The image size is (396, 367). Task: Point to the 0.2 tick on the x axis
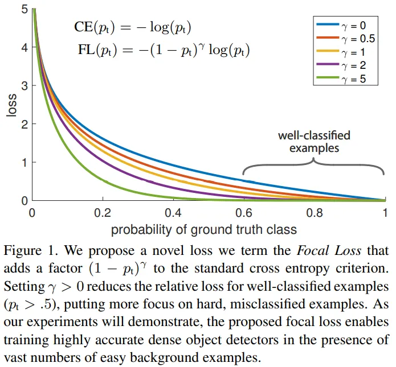click(103, 212)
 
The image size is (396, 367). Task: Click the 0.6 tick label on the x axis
click(244, 212)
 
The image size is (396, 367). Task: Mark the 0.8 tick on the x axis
click(315, 212)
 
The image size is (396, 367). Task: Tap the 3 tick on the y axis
click(25, 86)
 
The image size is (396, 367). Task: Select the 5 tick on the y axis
click(25, 9)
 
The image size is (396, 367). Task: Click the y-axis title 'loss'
click(11, 105)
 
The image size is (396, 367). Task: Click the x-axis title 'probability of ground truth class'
click(203, 229)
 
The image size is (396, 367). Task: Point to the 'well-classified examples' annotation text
click(314, 142)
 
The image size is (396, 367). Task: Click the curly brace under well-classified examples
click(314, 164)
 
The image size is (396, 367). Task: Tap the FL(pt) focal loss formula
click(164, 50)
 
